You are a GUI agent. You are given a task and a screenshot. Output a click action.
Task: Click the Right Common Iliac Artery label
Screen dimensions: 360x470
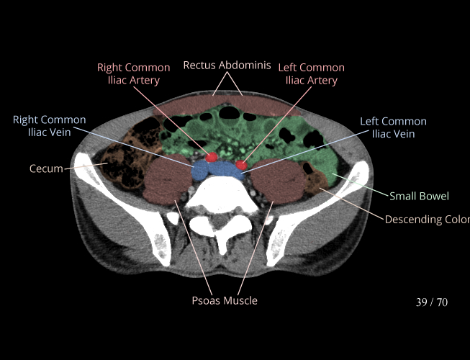(134, 74)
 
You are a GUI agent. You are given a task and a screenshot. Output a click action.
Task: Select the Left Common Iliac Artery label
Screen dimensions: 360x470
(312, 74)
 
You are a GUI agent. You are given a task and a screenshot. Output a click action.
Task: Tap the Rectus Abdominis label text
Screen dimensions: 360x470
(227, 65)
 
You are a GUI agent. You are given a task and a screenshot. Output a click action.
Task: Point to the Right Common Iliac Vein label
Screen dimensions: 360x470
(49, 126)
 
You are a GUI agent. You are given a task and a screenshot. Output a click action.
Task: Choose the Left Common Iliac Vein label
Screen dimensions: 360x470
(393, 127)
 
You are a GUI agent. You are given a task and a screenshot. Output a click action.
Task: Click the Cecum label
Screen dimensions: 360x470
(46, 168)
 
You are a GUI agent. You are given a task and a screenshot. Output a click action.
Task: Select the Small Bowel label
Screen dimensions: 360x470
(419, 196)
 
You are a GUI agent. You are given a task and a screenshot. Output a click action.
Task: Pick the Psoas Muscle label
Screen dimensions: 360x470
(225, 300)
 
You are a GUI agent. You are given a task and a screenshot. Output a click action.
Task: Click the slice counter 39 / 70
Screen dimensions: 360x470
(432, 302)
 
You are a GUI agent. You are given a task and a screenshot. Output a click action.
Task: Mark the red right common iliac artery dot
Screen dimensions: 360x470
(212, 156)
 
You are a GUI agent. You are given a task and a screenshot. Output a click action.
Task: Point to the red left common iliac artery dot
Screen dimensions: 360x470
(241, 165)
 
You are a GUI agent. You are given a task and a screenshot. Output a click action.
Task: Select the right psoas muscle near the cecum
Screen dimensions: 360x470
(166, 181)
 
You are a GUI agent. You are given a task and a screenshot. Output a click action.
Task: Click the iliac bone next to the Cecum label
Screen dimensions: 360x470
(90, 180)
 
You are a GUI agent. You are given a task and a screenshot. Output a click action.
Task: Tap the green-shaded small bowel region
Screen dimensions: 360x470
(302, 144)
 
